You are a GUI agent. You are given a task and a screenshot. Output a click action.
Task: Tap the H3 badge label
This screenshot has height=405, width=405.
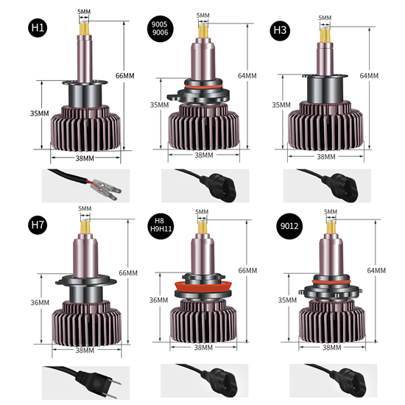coord(280,30)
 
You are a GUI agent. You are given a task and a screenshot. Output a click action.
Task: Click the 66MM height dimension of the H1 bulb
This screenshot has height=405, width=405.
coord(125,77)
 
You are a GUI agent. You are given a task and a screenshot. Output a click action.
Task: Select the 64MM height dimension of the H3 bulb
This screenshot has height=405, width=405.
coord(369,76)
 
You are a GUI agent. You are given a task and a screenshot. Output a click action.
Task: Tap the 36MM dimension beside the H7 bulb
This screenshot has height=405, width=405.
coord(40,303)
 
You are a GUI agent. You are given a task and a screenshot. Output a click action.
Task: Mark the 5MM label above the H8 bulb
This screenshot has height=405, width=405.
coord(202,211)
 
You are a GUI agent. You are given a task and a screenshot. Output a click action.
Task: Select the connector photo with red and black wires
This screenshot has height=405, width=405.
coord(82,186)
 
